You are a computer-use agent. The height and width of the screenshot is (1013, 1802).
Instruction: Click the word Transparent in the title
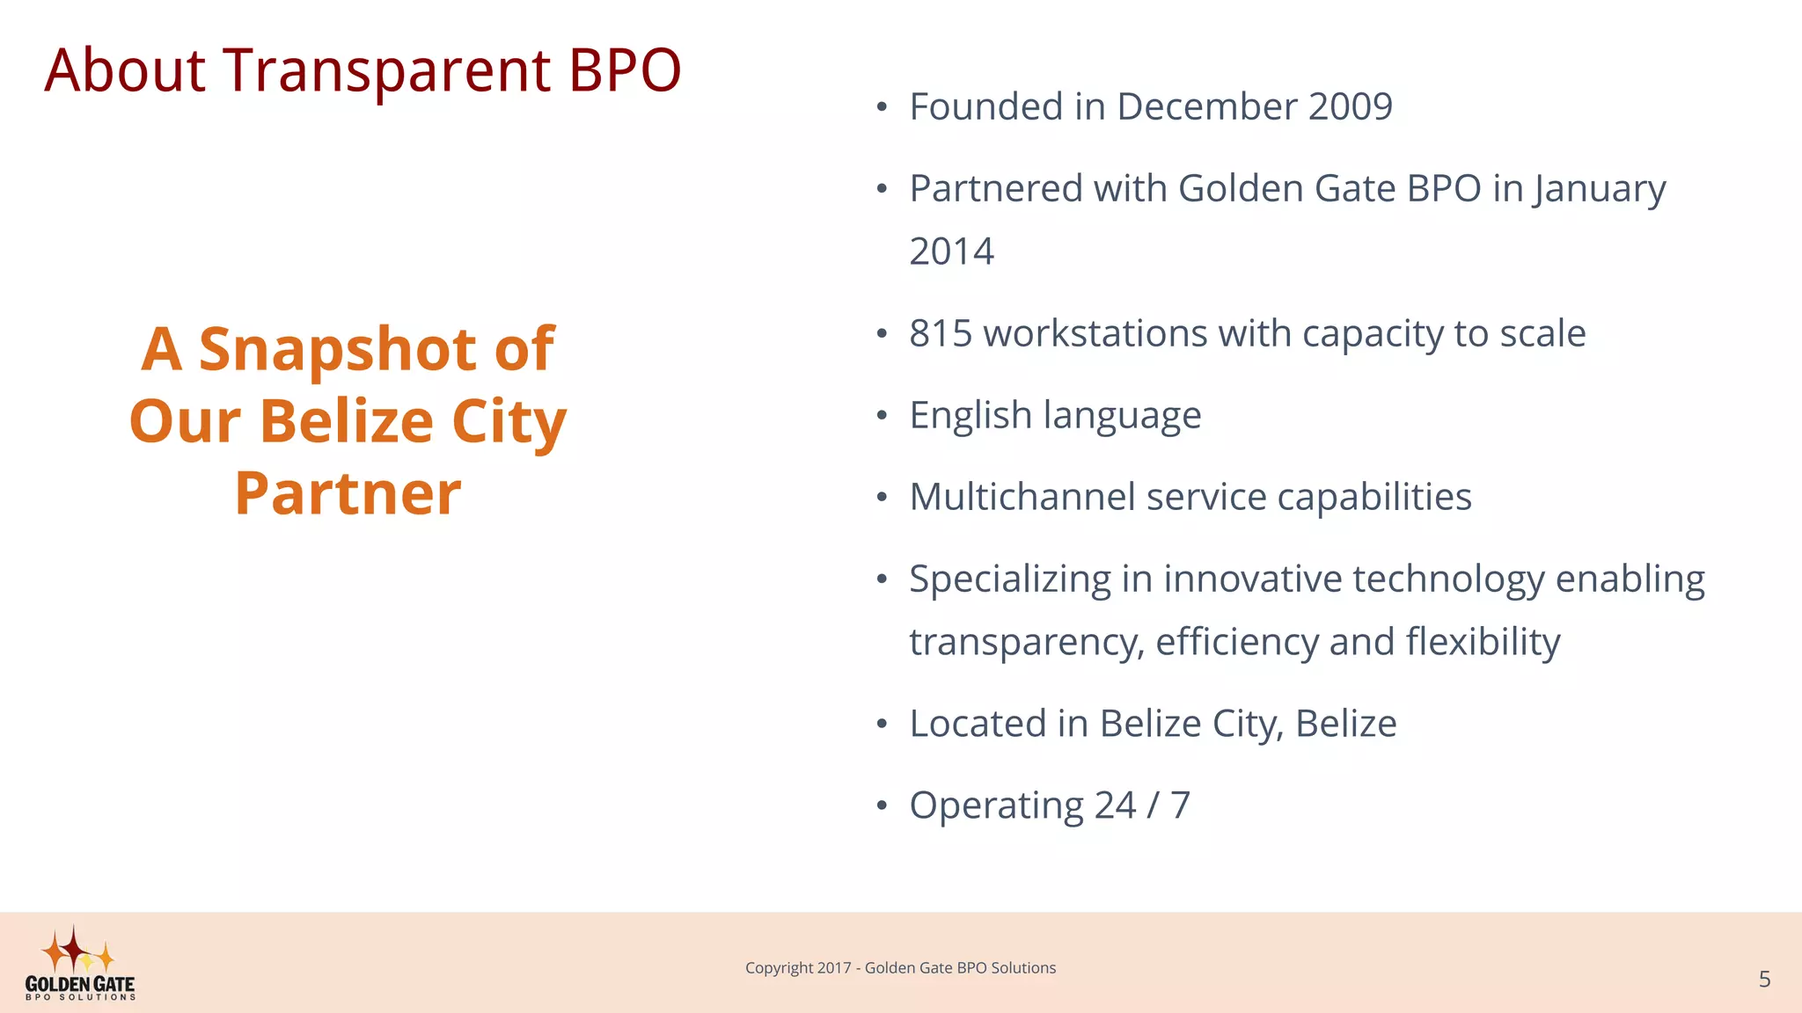pyautogui.click(x=386, y=70)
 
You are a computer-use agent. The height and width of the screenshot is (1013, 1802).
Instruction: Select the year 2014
pyautogui.click(x=951, y=252)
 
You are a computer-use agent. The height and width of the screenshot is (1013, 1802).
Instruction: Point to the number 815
pyautogui.click(x=940, y=334)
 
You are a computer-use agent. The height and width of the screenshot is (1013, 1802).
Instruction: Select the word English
pyautogui.click(x=970, y=416)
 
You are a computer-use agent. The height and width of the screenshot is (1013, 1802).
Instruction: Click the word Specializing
pyautogui.click(x=1010, y=580)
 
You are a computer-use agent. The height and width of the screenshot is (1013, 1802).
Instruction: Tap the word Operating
pyautogui.click(x=996, y=806)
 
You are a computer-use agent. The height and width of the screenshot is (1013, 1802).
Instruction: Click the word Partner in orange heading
pyautogui.click(x=348, y=493)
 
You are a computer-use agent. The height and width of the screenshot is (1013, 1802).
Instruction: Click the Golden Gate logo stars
pyautogui.click(x=77, y=951)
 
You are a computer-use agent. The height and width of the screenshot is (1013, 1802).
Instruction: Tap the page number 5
pyautogui.click(x=1764, y=980)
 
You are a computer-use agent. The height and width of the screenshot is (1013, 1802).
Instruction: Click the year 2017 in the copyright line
pyautogui.click(x=833, y=968)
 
